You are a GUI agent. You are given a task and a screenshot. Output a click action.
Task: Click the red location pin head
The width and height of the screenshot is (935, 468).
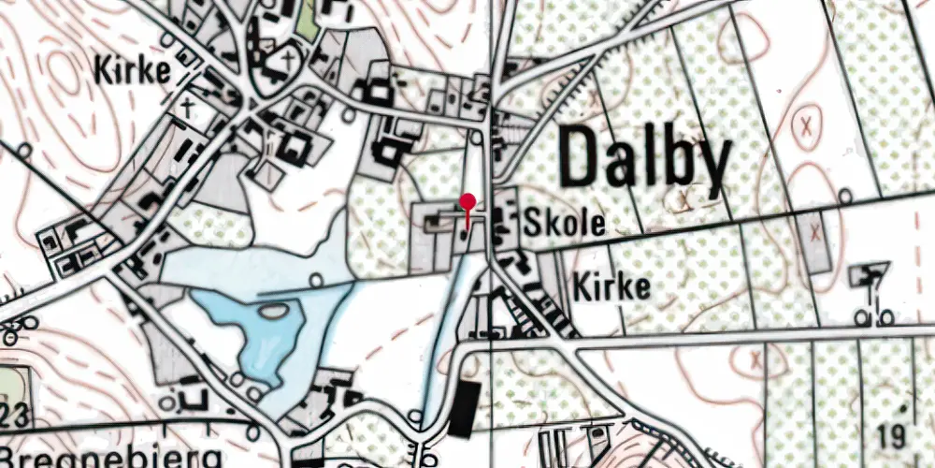coord(467,201)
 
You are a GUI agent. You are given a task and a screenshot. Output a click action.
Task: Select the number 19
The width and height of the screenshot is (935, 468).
coord(893,435)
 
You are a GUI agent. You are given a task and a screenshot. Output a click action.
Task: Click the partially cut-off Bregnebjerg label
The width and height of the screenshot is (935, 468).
coord(112,459)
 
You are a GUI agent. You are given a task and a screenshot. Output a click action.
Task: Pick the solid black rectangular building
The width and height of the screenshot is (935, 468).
coord(462,408)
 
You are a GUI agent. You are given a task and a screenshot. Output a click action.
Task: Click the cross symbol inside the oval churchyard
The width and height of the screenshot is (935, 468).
coord(288,58)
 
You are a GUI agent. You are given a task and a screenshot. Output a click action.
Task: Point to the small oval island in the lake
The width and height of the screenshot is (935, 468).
coord(315,279)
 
